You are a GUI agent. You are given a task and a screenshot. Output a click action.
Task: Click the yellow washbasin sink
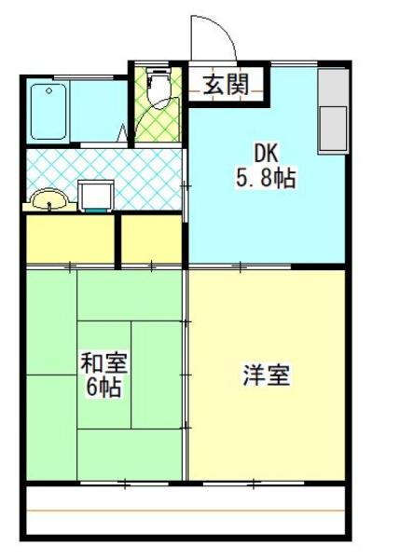(x=48, y=199)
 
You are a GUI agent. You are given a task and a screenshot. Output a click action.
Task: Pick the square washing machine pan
(x=95, y=196)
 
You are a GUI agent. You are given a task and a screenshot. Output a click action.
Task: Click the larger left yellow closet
(x=70, y=239)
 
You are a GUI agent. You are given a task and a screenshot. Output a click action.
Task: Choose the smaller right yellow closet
(x=152, y=239)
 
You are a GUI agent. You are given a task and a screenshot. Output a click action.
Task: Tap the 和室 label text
(x=101, y=362)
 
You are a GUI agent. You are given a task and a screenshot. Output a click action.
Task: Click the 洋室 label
(x=267, y=375)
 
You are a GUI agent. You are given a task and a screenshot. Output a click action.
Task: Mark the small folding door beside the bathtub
(x=123, y=132)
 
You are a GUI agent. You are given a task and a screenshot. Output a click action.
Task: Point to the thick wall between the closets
(x=118, y=239)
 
